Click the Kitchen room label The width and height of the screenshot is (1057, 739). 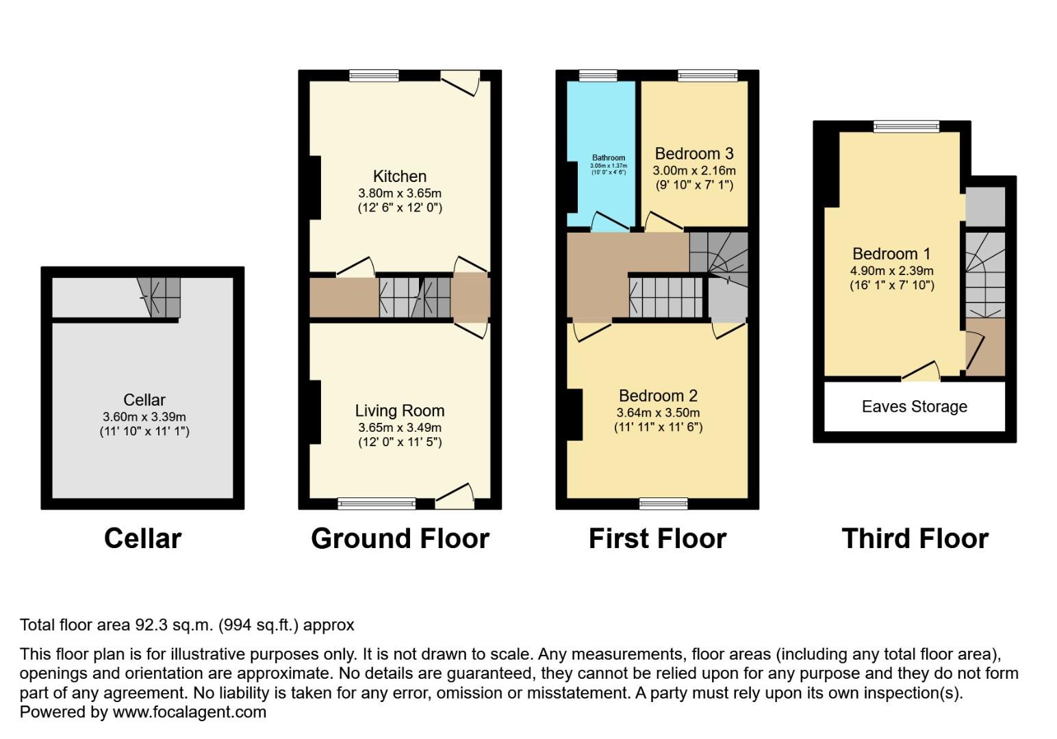[399, 177]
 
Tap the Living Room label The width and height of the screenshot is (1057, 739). [399, 411]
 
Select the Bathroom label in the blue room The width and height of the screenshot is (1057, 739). [608, 157]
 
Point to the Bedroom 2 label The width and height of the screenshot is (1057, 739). [657, 396]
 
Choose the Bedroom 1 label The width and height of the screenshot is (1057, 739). [891, 254]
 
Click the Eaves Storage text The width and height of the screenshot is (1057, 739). [914, 407]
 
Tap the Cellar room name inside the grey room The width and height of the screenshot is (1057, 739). [144, 400]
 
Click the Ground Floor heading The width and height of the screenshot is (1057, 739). [400, 539]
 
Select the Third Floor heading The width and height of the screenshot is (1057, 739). [915, 539]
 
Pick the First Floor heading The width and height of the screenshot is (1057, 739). [657, 539]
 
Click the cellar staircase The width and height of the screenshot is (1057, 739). [159, 297]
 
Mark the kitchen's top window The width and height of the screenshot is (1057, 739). [374, 76]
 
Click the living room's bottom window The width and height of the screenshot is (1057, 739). [377, 504]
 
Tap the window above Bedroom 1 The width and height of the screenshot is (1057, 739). [906, 127]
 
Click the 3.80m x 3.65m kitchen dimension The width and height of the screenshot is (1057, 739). [399, 193]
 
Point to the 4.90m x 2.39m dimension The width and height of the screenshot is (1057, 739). [891, 271]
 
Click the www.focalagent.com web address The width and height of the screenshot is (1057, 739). [189, 712]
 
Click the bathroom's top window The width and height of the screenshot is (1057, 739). [598, 76]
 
